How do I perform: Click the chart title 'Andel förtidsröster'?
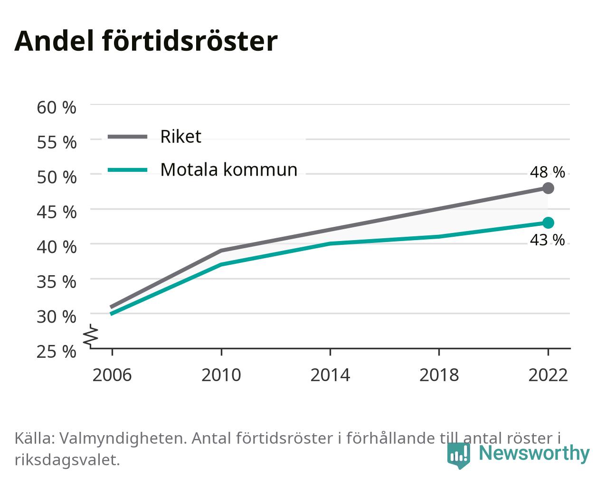pos(146,41)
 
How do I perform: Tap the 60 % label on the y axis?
pos(57,108)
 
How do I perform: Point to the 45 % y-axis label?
pos(57,212)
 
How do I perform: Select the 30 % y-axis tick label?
pos(57,317)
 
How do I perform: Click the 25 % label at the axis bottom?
pos(57,352)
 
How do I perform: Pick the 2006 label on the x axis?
pos(112,375)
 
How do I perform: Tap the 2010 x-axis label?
pos(221,375)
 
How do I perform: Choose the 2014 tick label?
pos(330,375)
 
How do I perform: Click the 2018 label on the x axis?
pos(439,375)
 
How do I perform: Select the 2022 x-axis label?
pos(548,375)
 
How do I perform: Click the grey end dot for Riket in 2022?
pos(548,188)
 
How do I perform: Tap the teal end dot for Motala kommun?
pos(548,223)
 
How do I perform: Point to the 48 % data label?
pos(548,172)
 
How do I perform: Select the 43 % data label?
pos(548,240)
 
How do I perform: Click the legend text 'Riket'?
pos(181,137)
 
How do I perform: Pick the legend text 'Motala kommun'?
pos(228,170)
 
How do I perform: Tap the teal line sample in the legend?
pos(128,170)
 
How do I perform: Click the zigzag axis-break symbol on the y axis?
pos(91,335)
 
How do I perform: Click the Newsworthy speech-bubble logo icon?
pos(458,456)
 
